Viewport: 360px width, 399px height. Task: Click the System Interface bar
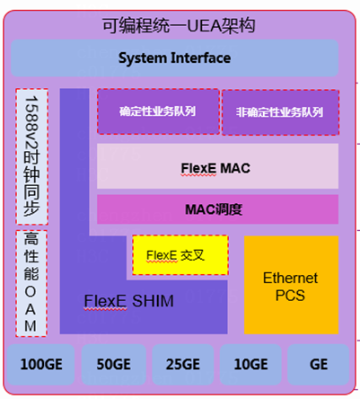[174, 58]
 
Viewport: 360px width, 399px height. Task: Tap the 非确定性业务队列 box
[278, 112]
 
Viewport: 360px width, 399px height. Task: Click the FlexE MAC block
[216, 165]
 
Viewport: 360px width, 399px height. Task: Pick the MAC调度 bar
[216, 209]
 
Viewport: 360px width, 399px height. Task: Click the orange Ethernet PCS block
[291, 283]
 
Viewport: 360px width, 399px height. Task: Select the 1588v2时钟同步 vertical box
[31, 156]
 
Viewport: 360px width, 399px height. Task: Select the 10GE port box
[250, 364]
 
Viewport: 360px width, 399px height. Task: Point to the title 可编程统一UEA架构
[180, 26]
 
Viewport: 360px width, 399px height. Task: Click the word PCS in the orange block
[291, 294]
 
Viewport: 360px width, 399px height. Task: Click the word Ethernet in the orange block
[291, 278]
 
